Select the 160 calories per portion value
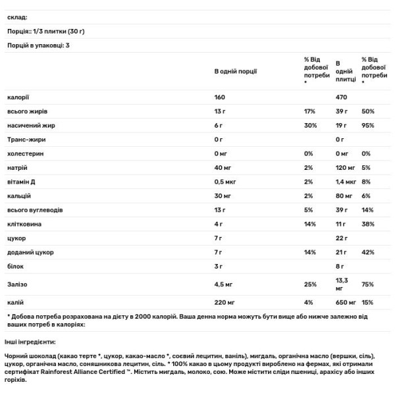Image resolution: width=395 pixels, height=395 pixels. click(220, 97)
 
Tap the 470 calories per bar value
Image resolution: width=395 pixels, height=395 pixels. click(341, 97)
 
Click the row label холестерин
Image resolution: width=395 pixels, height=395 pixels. click(24, 153)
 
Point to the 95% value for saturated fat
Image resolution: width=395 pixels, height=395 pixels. click(367, 125)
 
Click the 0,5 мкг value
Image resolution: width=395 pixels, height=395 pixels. click(224, 182)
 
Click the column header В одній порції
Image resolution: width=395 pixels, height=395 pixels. click(235, 71)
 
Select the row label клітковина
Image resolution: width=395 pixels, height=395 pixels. click(24, 224)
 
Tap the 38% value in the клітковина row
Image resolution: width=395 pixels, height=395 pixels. click(367, 224)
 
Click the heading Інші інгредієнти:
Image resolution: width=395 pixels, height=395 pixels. click(30, 342)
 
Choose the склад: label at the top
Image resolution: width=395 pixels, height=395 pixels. click(16, 18)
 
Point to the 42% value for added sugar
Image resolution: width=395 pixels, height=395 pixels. click(367, 253)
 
